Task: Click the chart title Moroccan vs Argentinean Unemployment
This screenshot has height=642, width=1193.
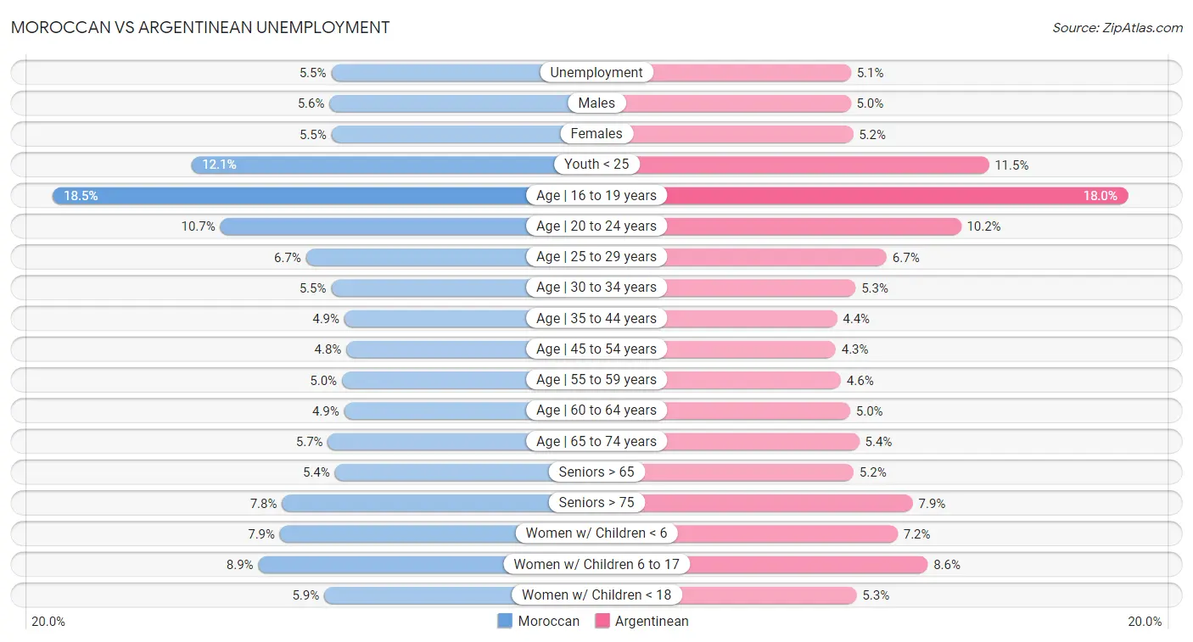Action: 200,27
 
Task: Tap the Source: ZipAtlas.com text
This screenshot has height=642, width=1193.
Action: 1117,28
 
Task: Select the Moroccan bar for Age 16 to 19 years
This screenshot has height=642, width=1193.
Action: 288,196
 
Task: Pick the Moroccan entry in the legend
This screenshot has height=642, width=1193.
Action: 539,621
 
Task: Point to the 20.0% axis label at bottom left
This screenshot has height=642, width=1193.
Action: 48,621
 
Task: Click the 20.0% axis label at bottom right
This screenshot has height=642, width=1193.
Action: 1144,621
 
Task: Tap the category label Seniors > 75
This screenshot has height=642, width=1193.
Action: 596,503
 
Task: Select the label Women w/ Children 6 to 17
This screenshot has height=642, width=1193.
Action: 596,565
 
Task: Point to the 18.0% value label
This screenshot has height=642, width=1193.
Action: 1100,196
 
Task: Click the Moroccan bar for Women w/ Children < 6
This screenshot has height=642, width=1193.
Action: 399,533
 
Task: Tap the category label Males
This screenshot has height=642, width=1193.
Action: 596,103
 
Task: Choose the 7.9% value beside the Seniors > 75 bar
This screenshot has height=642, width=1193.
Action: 932,504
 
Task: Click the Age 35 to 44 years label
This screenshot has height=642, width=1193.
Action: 596,319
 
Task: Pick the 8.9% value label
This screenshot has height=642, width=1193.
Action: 239,565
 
